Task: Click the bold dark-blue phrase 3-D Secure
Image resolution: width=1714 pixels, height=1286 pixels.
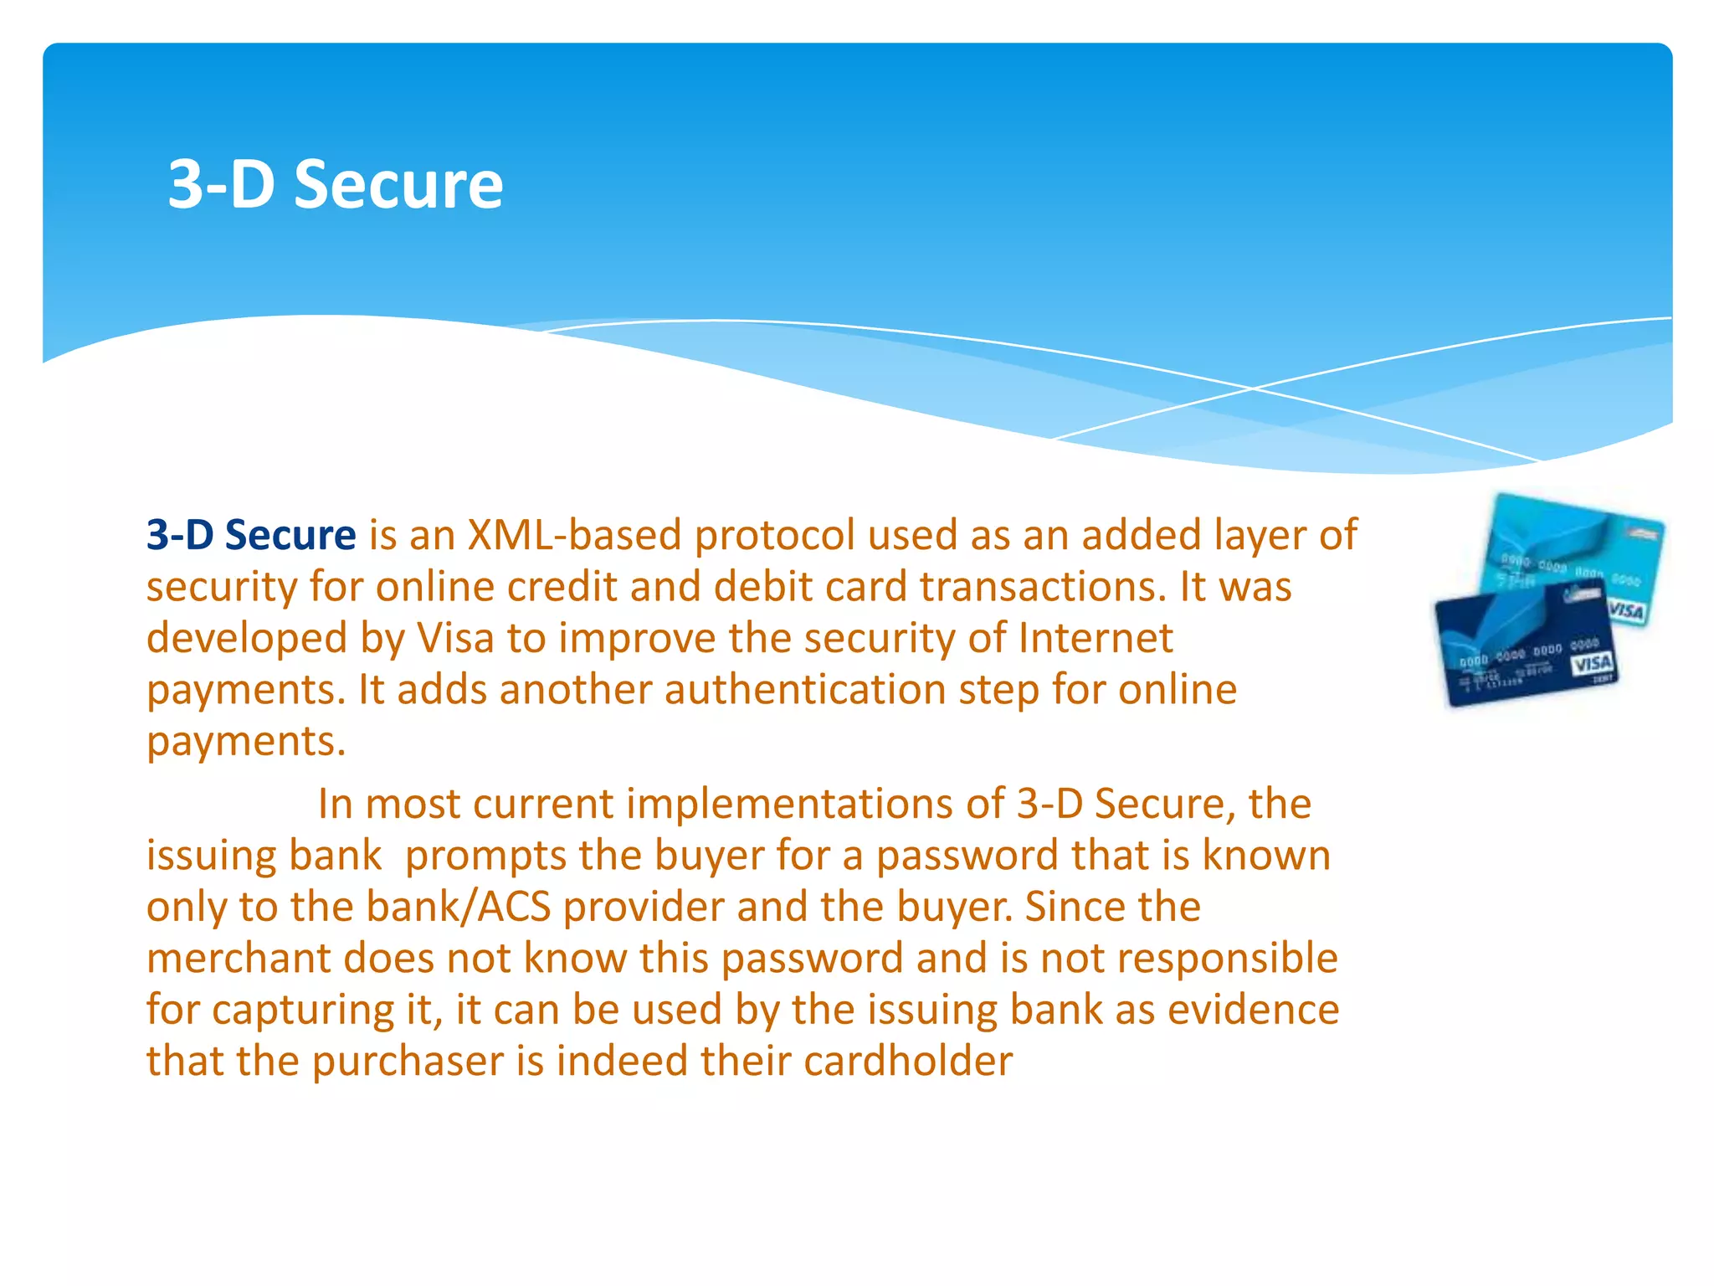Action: pos(251,534)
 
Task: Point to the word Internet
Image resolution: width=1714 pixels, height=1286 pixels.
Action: pos(1096,638)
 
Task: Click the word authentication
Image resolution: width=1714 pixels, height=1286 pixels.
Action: pos(804,690)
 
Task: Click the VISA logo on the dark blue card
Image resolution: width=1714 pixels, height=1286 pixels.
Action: pos(1591,664)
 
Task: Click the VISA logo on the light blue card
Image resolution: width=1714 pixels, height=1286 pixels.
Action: pos(1625,610)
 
